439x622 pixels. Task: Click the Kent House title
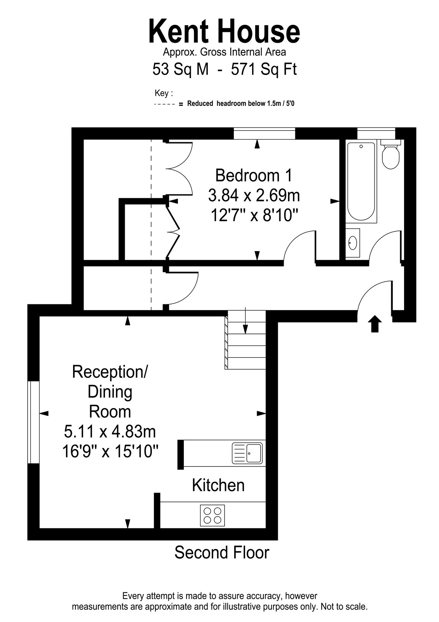(x=224, y=31)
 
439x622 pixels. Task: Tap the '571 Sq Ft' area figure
(x=264, y=69)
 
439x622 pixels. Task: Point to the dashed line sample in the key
(x=165, y=105)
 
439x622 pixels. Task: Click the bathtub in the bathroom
(x=361, y=181)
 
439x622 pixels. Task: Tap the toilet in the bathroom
(x=390, y=154)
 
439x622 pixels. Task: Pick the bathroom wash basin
(x=353, y=243)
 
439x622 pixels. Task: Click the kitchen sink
(x=247, y=453)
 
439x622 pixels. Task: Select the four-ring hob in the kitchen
(x=212, y=515)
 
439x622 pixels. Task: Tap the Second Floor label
(x=222, y=552)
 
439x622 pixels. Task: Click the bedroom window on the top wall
(x=264, y=133)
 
